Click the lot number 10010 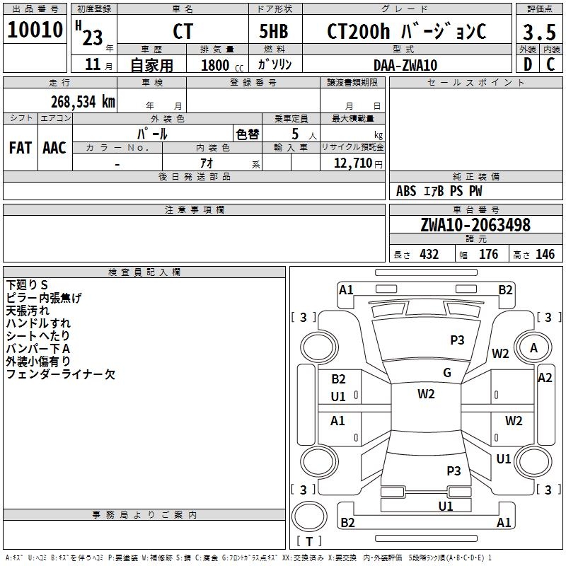[x=35, y=30]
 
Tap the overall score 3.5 [x=538, y=33]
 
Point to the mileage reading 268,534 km [x=82, y=101]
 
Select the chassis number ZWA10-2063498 [x=475, y=225]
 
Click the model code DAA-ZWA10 [x=405, y=65]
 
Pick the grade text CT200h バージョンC [x=407, y=32]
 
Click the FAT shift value [x=20, y=148]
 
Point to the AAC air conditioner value [x=54, y=148]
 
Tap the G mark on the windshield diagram [x=447, y=373]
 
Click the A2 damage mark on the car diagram [x=544, y=378]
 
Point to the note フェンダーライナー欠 [x=60, y=374]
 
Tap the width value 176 [x=489, y=255]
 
